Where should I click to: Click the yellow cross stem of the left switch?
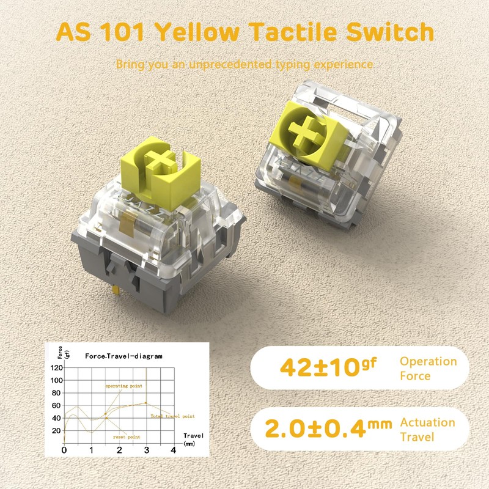161,161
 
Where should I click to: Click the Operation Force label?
428,367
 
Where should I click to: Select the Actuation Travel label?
427,428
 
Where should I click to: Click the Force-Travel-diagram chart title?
124,356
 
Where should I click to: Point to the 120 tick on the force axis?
56,368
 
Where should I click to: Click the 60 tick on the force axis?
57,405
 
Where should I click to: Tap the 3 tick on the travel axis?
145,450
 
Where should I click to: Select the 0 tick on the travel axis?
64,450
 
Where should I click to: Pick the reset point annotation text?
127,437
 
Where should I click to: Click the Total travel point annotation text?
172,416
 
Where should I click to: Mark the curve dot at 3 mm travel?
145,403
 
